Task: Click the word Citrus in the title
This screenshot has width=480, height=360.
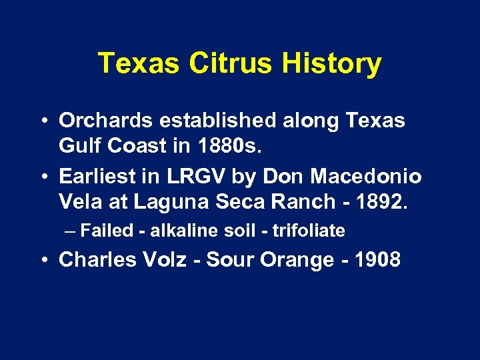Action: tap(231, 64)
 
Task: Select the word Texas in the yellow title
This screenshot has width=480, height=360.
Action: tap(139, 64)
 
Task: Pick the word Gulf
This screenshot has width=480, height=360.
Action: tap(77, 144)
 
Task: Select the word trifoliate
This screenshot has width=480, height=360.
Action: tap(310, 231)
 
